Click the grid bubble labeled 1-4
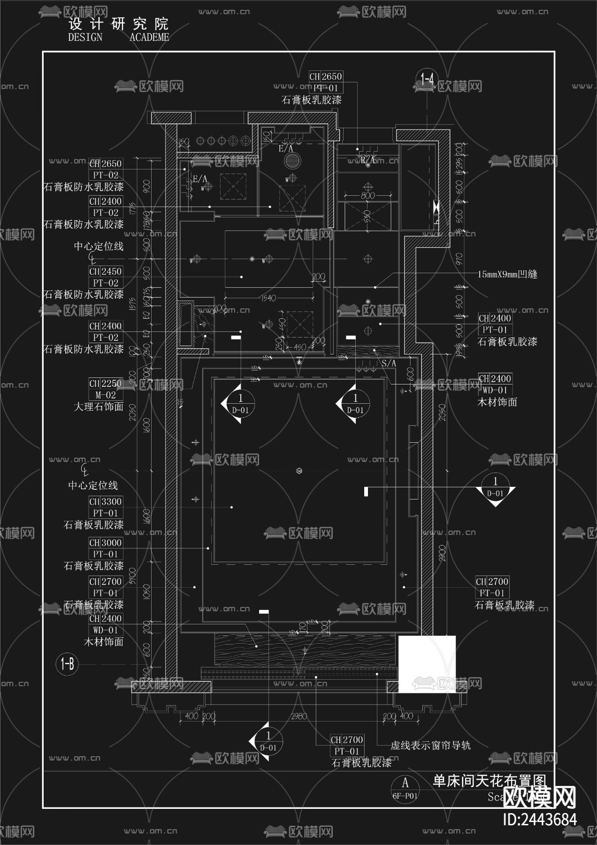click(427, 79)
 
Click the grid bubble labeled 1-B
click(67, 664)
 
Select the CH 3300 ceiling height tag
click(106, 502)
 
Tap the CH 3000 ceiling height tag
click(106, 543)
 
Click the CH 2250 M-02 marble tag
click(106, 389)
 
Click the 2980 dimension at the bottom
click(299, 717)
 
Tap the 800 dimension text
click(367, 195)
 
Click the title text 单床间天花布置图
click(490, 781)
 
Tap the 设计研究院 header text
click(118, 24)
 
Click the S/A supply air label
click(389, 363)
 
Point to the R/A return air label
click(367, 160)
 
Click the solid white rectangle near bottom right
click(427, 664)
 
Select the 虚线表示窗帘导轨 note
click(430, 745)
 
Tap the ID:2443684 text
click(540, 820)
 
